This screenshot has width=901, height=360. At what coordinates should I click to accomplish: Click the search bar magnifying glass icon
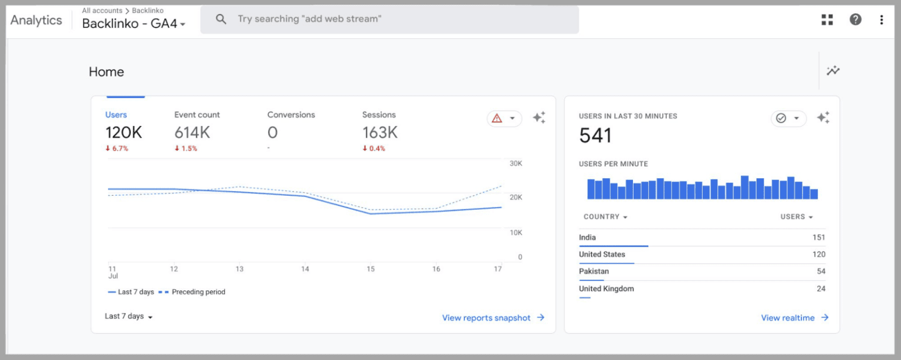(221, 19)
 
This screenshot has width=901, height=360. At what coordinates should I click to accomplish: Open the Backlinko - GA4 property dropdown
(134, 24)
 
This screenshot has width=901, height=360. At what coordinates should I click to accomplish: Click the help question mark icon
(855, 19)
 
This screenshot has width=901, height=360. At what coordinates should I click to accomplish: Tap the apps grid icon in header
(827, 19)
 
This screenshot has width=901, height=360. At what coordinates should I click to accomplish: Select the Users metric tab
(116, 115)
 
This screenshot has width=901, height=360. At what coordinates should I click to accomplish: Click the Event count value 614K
(192, 133)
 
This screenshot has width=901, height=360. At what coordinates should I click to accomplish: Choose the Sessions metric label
(379, 115)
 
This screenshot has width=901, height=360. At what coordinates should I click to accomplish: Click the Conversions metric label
(291, 115)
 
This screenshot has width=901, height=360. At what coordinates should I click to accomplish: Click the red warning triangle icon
(497, 118)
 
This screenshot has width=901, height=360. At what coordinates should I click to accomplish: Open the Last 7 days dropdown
(128, 317)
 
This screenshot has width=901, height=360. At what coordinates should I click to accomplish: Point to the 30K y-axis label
(516, 164)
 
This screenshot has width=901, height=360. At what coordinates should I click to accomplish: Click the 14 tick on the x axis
(305, 269)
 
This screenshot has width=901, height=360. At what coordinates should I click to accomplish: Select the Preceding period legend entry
(198, 292)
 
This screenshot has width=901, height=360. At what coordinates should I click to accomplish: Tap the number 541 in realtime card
(595, 136)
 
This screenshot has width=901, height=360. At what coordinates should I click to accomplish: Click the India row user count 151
(818, 237)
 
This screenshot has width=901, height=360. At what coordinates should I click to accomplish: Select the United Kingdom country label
(606, 288)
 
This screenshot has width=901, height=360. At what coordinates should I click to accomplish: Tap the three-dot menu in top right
(881, 19)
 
